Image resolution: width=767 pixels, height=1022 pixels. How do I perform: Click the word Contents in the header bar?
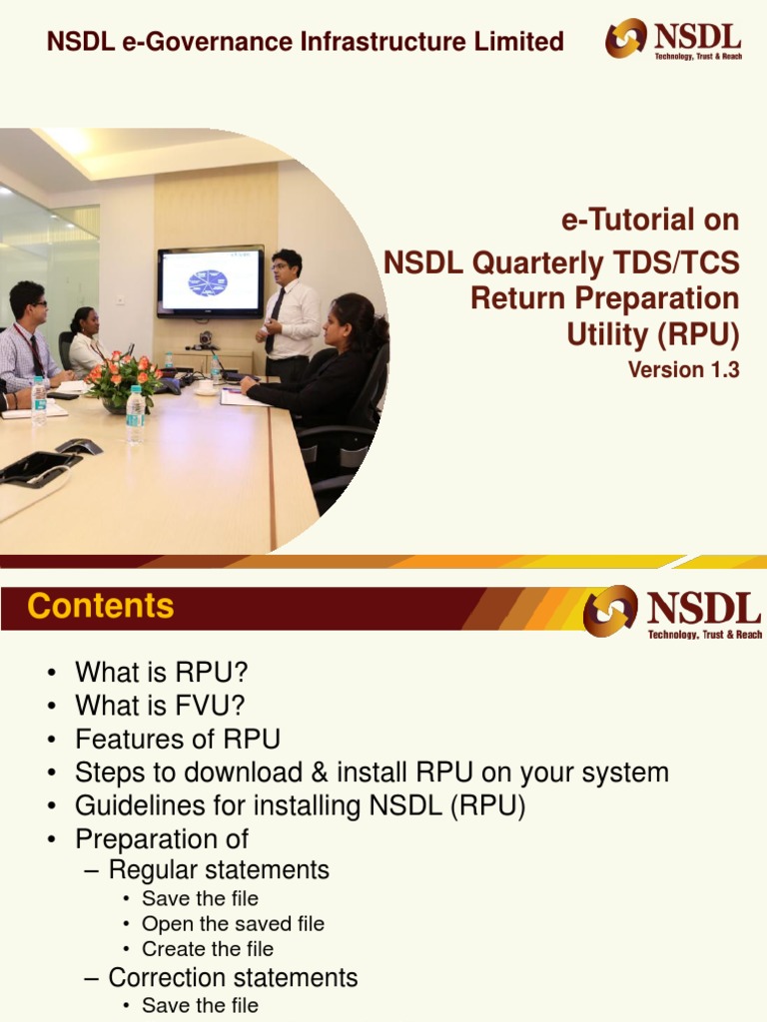click(101, 606)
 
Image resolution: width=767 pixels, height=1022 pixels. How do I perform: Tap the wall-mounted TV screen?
click(210, 281)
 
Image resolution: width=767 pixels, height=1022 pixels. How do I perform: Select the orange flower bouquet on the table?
click(123, 380)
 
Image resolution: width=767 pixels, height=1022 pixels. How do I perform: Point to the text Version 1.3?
click(683, 369)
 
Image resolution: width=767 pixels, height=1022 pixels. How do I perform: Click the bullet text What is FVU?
click(160, 706)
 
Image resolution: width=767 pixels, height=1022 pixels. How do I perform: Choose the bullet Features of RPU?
click(178, 740)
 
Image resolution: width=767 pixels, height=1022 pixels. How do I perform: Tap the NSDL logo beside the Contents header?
click(672, 612)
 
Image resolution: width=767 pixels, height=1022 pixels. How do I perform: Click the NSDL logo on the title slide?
click(673, 39)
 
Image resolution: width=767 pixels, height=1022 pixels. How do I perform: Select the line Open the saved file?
click(233, 923)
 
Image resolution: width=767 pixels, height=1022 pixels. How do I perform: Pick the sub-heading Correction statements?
click(233, 978)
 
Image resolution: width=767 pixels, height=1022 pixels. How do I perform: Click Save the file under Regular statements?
click(200, 898)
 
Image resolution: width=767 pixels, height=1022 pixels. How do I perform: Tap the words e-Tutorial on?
click(650, 220)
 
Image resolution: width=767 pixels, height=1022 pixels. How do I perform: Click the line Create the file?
click(208, 949)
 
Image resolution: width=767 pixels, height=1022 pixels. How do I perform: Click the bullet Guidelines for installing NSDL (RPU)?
click(300, 805)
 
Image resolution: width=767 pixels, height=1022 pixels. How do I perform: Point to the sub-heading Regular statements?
click(219, 870)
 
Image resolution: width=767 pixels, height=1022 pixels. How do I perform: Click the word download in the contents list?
click(244, 772)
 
